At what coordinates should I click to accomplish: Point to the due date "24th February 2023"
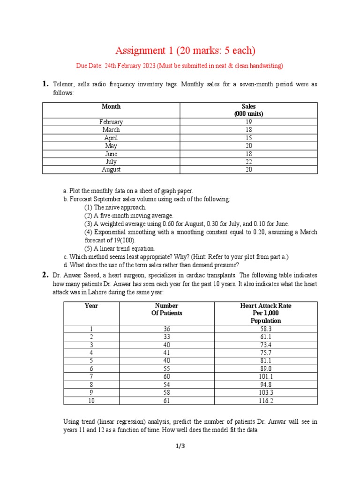coord(131,66)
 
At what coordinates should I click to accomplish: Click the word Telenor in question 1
coord(63,84)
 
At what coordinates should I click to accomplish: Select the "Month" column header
coord(111,107)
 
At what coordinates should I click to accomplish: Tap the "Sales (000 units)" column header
coord(248,110)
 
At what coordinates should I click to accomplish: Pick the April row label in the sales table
coord(111,138)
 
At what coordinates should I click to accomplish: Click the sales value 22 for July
coord(248,162)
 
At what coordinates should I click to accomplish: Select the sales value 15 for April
coord(248,138)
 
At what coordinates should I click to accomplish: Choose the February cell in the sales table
coord(111,122)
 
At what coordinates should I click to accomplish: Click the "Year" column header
coord(91,306)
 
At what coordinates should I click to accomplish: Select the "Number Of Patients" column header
coord(167,309)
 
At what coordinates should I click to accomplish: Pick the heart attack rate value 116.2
coord(265,400)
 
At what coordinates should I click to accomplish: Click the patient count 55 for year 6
coord(167,368)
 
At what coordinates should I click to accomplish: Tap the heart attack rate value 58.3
coord(265,329)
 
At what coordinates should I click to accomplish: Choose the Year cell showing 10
coord(91,400)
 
